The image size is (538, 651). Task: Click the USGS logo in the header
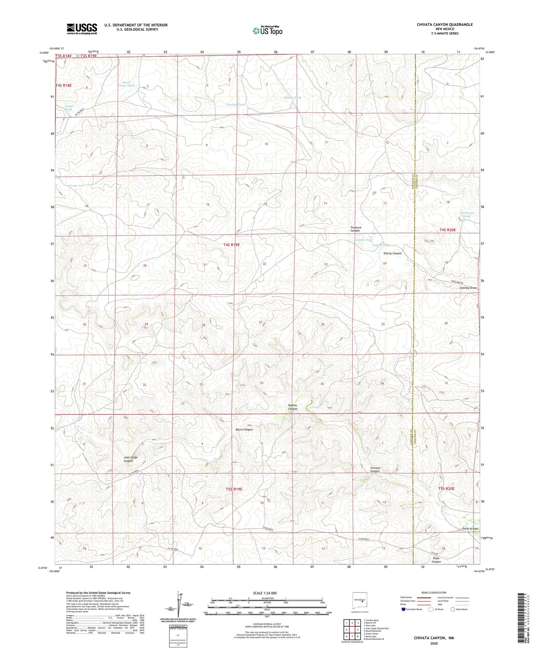(x=82, y=29)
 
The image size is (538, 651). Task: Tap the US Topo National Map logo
(x=267, y=31)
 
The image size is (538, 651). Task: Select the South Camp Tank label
(x=126, y=84)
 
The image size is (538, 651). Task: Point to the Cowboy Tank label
(x=235, y=104)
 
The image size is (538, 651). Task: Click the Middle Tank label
(x=292, y=98)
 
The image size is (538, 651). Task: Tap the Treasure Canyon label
(x=356, y=229)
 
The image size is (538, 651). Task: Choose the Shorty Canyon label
(x=392, y=253)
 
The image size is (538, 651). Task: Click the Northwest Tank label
(x=467, y=214)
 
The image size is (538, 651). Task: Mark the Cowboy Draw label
(x=468, y=288)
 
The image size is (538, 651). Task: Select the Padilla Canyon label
(x=293, y=407)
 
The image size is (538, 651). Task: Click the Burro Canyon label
(x=244, y=429)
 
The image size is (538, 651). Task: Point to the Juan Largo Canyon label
(x=131, y=459)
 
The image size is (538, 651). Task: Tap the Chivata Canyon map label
(x=375, y=469)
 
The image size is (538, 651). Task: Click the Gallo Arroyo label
(x=470, y=529)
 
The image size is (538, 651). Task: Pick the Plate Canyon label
(x=436, y=560)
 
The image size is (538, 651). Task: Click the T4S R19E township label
(x=231, y=245)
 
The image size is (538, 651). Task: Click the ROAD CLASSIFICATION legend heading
(x=434, y=592)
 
